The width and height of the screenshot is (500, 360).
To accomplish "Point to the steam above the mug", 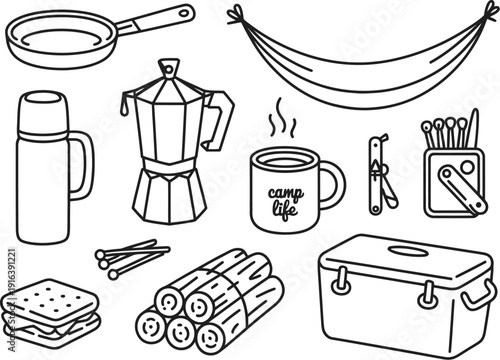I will point(282,125).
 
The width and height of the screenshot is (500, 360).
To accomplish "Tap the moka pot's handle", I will point(221,120).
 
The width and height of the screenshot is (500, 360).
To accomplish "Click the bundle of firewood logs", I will point(205,301).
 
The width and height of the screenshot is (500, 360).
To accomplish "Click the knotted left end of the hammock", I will point(237,13).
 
